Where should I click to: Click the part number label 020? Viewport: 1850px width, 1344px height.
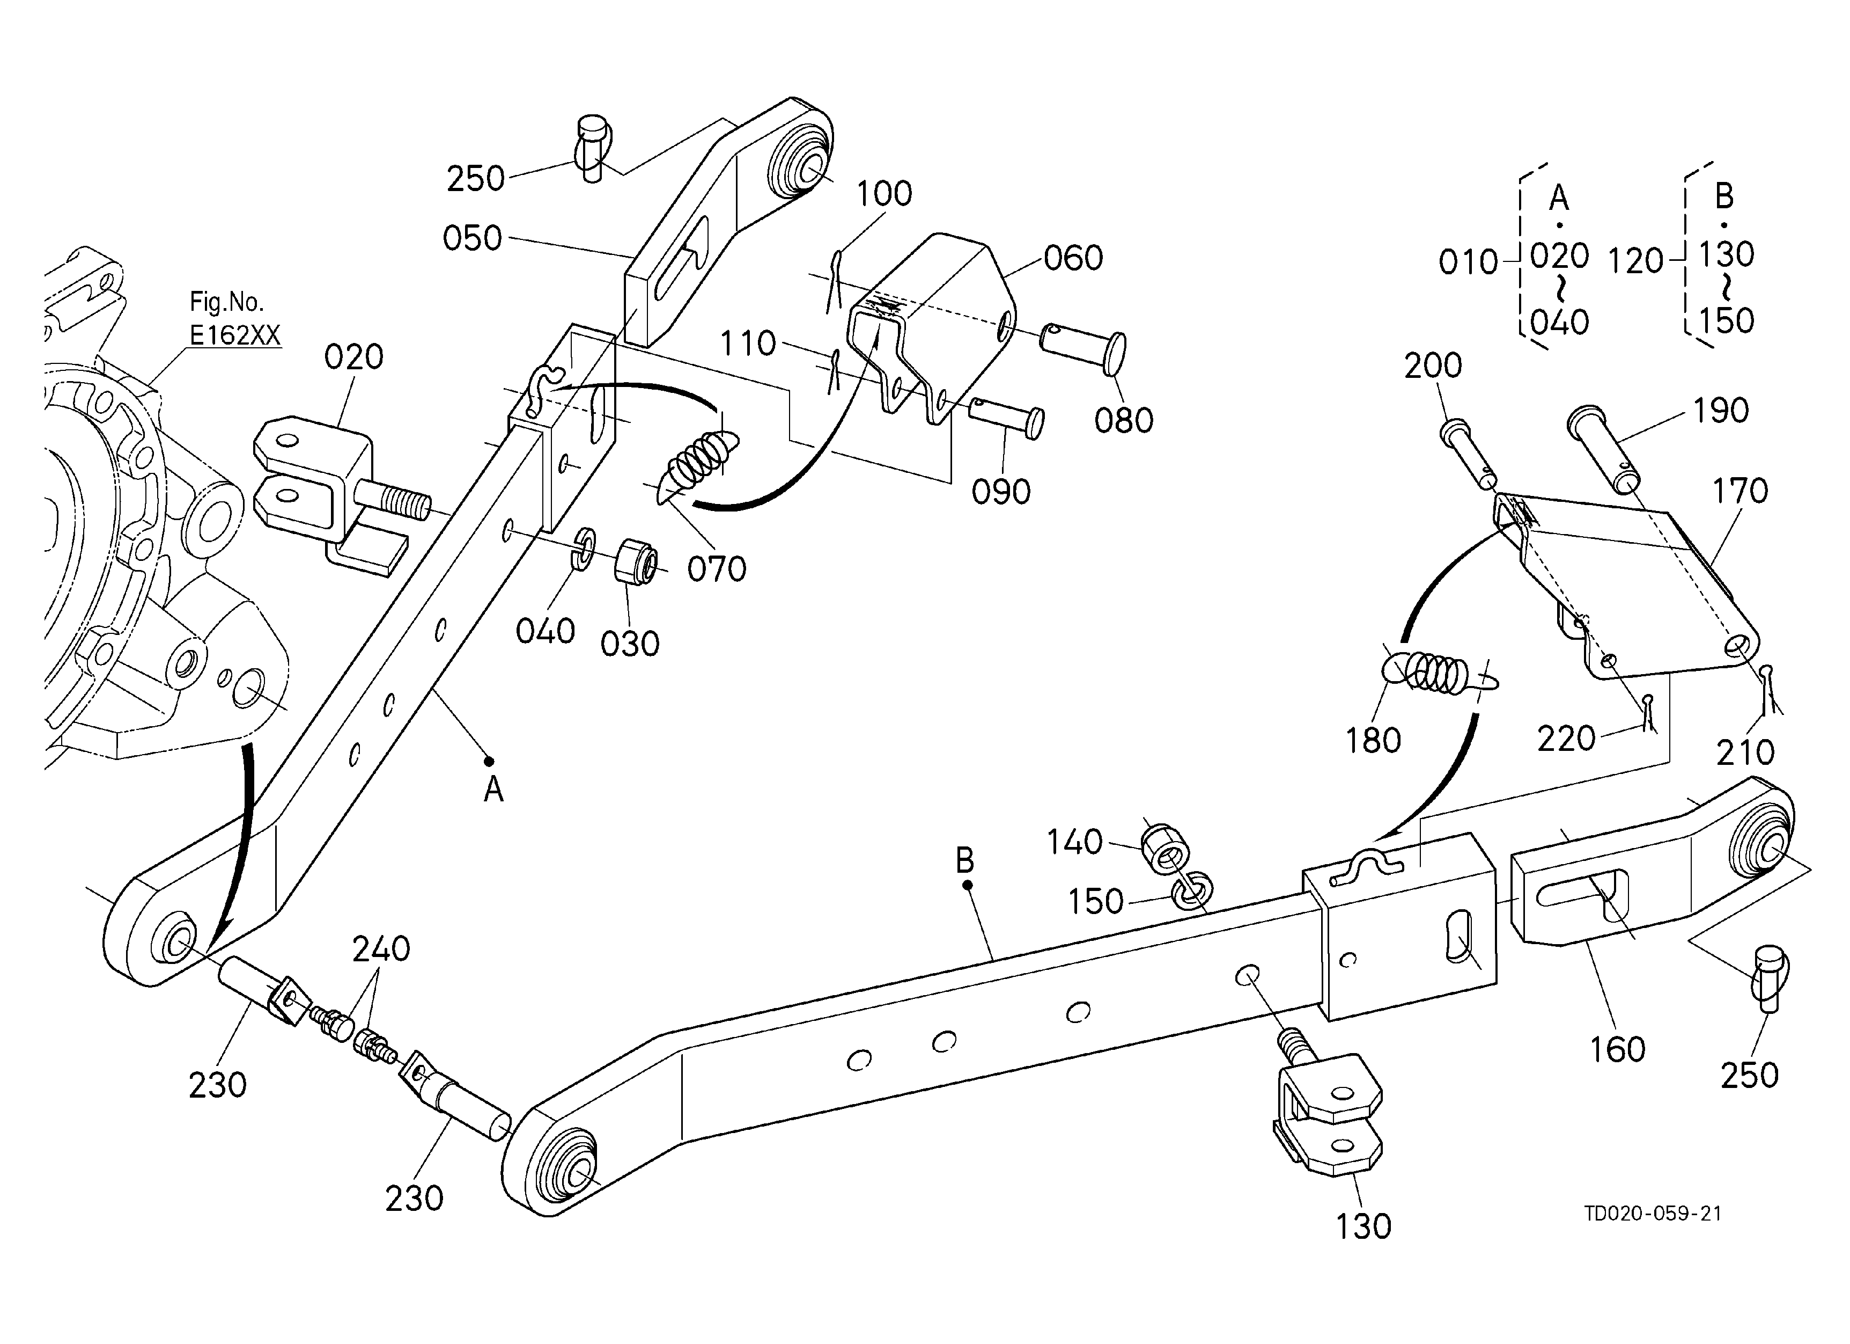click(x=353, y=357)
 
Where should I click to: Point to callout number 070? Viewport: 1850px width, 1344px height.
click(x=716, y=569)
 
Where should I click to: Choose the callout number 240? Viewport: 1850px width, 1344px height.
click(x=381, y=949)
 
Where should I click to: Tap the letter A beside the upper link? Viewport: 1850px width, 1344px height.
click(x=493, y=790)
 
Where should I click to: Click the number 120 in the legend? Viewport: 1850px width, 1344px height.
click(x=1635, y=261)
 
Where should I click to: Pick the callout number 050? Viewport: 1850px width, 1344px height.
click(x=472, y=238)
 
